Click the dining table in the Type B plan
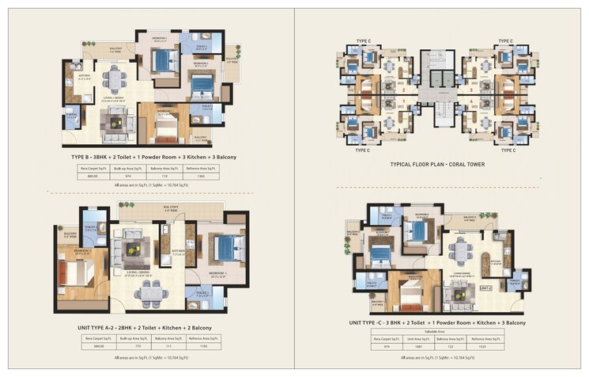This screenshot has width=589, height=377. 115,78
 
